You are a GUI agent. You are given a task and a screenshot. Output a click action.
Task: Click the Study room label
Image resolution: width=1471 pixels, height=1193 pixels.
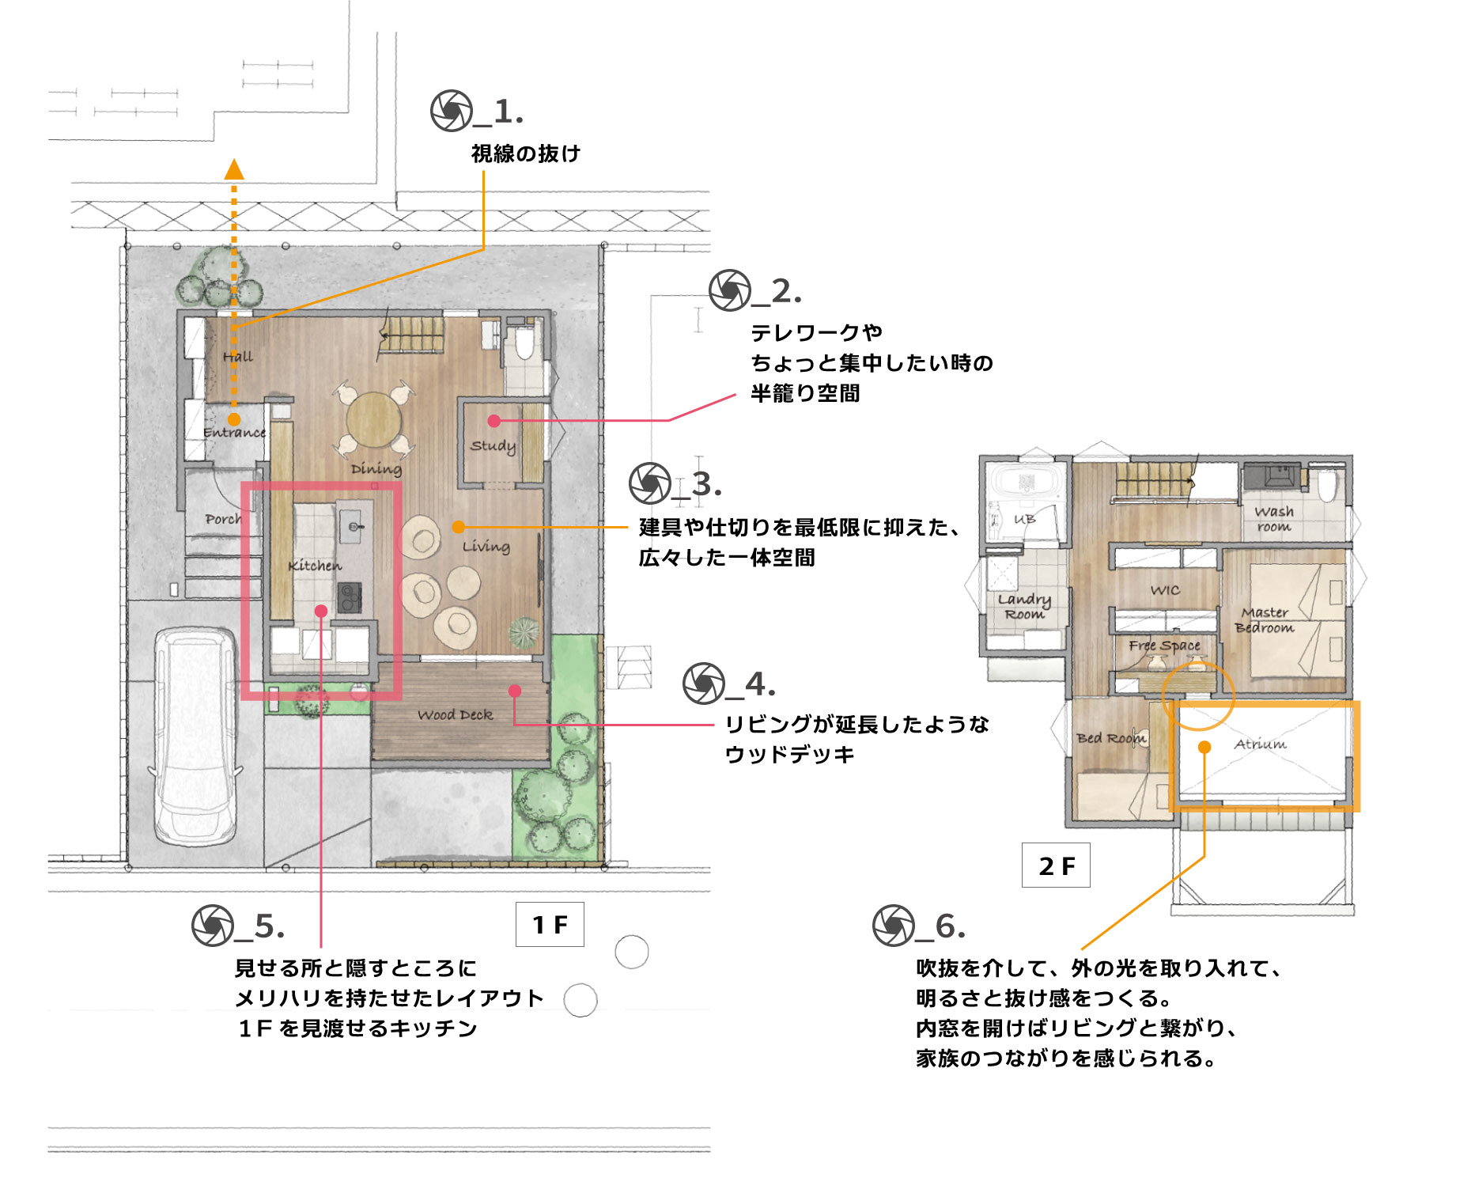(492, 446)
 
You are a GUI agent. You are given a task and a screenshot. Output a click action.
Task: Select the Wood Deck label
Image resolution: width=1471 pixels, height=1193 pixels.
(455, 715)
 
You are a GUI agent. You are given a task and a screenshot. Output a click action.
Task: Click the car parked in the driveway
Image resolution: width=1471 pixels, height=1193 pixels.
(195, 736)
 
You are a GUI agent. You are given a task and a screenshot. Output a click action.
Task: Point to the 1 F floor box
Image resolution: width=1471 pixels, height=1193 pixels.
(550, 924)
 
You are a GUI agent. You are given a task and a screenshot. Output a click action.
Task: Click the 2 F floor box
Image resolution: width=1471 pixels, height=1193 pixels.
(1056, 865)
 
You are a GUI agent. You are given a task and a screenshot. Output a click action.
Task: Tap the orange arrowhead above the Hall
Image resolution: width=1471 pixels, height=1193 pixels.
(234, 169)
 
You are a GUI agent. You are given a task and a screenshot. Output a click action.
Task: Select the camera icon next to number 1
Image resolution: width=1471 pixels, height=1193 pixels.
(452, 111)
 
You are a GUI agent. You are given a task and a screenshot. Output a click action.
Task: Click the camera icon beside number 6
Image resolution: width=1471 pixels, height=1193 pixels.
(894, 926)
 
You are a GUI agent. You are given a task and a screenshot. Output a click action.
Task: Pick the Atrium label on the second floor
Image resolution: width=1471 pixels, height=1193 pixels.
(1260, 744)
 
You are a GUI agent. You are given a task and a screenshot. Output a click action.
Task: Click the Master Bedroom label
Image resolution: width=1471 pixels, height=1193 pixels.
(1265, 620)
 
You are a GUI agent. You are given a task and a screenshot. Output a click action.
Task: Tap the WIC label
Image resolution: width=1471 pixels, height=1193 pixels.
(1165, 590)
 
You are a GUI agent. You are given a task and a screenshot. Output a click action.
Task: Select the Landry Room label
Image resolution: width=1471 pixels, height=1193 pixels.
(1024, 607)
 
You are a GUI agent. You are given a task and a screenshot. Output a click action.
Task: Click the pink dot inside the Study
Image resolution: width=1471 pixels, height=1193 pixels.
(494, 421)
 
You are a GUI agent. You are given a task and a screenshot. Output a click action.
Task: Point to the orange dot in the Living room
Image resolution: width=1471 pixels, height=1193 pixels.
(459, 527)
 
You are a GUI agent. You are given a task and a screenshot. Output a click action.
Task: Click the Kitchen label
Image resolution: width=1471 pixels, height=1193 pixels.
(315, 566)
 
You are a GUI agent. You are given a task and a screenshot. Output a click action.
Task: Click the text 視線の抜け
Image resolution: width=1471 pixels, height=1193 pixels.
(526, 153)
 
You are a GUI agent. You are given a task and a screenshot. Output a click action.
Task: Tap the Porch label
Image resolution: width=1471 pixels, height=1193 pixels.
(222, 520)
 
